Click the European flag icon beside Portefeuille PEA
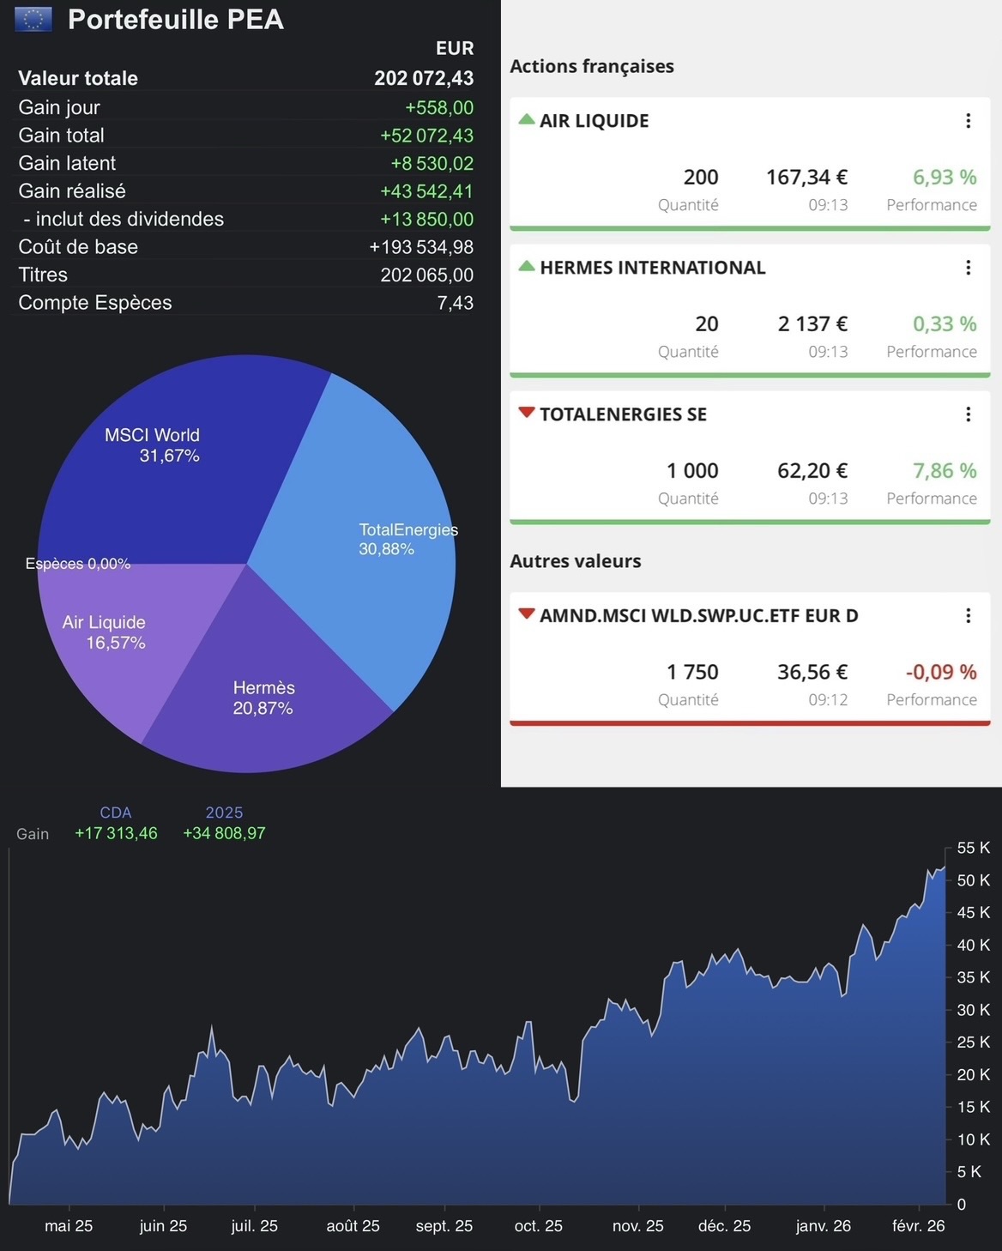33,19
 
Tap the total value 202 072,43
424,78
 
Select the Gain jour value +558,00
439,107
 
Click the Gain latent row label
67,163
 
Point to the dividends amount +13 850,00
426,219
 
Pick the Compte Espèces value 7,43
455,303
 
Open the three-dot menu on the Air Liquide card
968,121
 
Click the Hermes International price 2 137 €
812,324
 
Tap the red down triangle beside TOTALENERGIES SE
527,413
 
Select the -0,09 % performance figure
941,672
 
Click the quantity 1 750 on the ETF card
692,672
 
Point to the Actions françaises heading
592,66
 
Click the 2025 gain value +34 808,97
224,833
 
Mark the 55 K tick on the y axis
973,848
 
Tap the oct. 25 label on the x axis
538,1226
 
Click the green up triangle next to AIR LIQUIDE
527,119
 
